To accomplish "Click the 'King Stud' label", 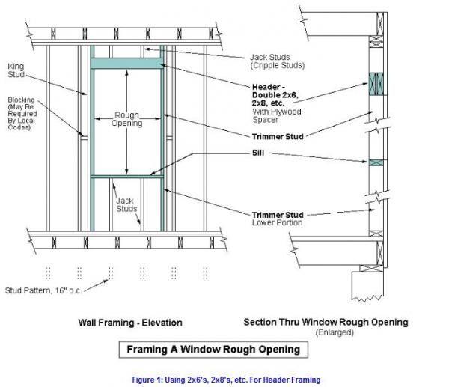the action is (x=16, y=70).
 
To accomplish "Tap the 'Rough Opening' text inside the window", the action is (x=127, y=119).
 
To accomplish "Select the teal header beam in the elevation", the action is (x=127, y=64).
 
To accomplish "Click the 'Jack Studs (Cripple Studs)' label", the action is (x=277, y=61).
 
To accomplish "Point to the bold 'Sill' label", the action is (x=258, y=153).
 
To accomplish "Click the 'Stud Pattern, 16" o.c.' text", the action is (x=43, y=290).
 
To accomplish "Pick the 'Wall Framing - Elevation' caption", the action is (x=130, y=323).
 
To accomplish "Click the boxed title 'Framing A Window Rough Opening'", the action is (x=213, y=350).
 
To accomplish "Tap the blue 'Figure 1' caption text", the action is (x=226, y=380).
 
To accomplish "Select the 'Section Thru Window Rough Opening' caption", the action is (x=326, y=323).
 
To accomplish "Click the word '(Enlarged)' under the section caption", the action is (x=335, y=332).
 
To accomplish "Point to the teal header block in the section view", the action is (x=376, y=84).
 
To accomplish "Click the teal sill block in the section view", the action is (x=376, y=162).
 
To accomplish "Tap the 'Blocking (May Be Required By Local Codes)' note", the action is (x=22, y=114).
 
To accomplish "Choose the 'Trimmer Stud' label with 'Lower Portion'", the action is (x=278, y=219).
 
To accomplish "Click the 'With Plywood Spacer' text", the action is (x=277, y=116).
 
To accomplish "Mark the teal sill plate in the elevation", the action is (x=127, y=177).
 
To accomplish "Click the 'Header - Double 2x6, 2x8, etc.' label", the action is (x=275, y=95).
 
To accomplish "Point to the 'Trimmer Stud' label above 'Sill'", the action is (x=278, y=137).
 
